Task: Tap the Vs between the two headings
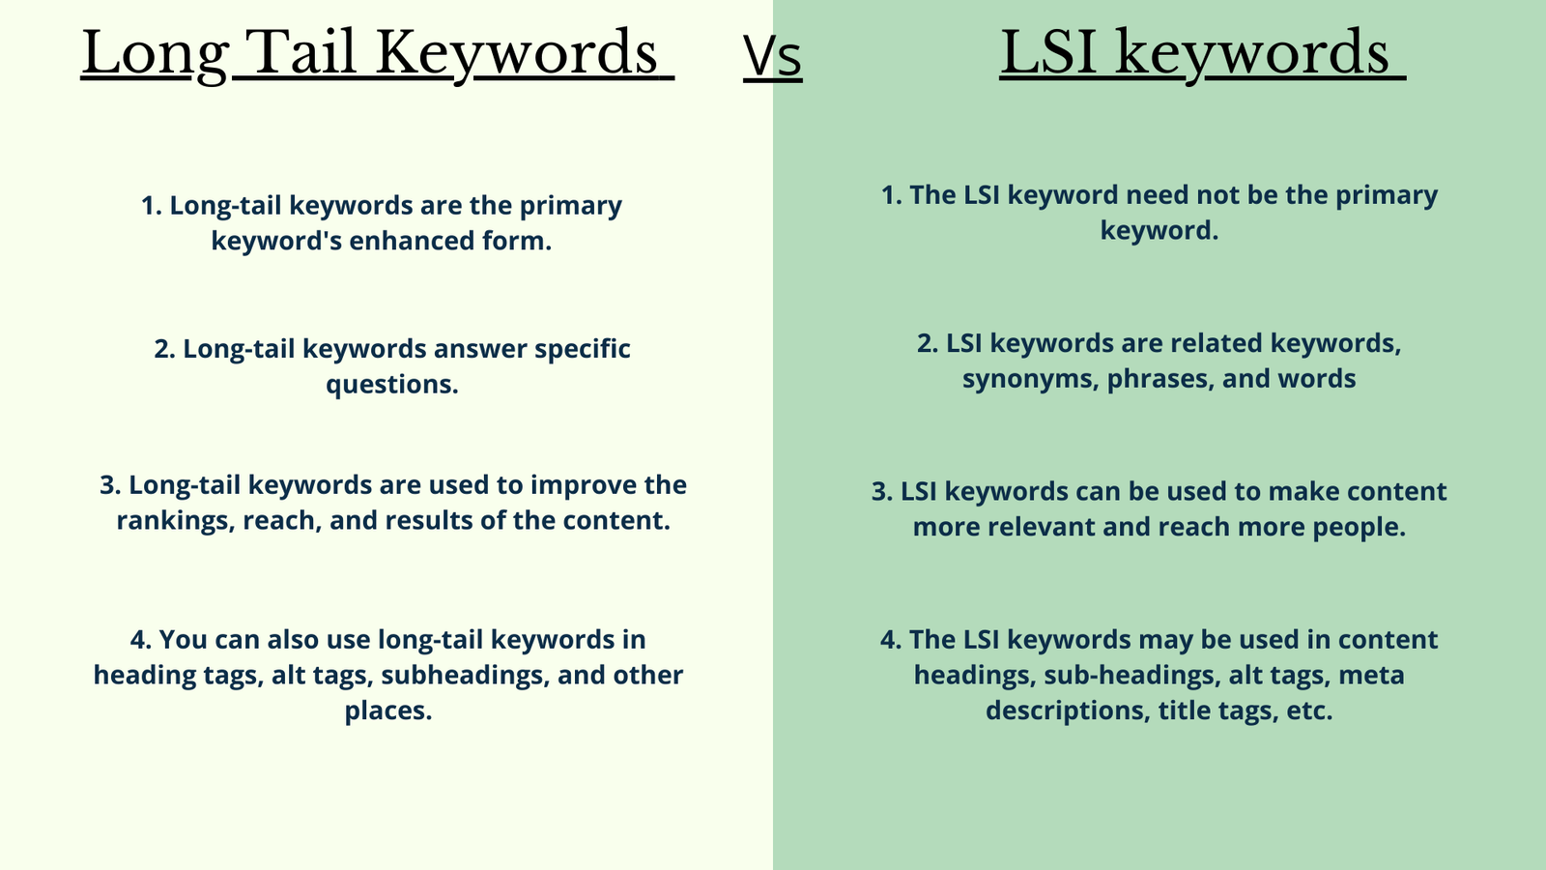(x=772, y=57)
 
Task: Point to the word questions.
(x=392, y=385)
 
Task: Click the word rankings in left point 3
(x=175, y=521)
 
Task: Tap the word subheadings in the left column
(x=465, y=676)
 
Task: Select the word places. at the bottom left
(x=388, y=711)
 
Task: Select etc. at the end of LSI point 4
(x=1310, y=711)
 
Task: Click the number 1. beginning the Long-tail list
(x=151, y=206)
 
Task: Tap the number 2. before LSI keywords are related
(x=928, y=343)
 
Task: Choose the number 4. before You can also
(x=141, y=640)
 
